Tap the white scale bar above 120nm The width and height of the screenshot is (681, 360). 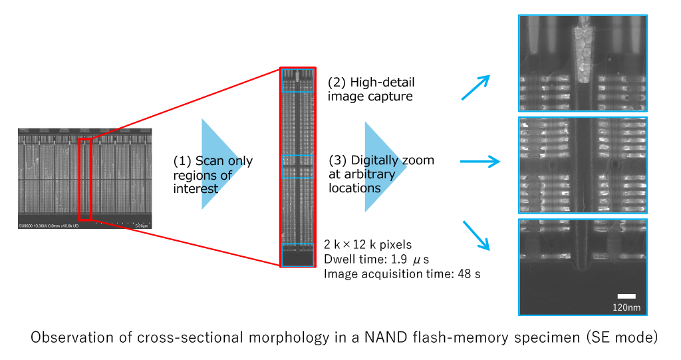[x=626, y=296]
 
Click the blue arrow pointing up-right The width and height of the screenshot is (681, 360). [x=476, y=87]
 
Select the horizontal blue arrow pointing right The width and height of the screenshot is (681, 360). [x=479, y=161]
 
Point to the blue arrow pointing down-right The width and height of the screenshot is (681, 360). [x=477, y=235]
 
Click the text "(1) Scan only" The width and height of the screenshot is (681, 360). [x=213, y=162]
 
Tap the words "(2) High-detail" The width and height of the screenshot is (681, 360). [x=371, y=83]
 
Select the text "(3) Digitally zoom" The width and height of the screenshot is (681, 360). [x=382, y=160]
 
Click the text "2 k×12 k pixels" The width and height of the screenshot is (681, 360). [x=368, y=245]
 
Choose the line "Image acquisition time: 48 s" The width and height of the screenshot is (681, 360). [x=402, y=273]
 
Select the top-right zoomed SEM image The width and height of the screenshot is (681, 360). [x=583, y=63]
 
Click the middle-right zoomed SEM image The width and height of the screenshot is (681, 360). [x=583, y=164]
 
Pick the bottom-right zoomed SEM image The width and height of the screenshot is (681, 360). [x=583, y=266]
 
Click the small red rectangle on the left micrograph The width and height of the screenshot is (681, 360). [x=84, y=179]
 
